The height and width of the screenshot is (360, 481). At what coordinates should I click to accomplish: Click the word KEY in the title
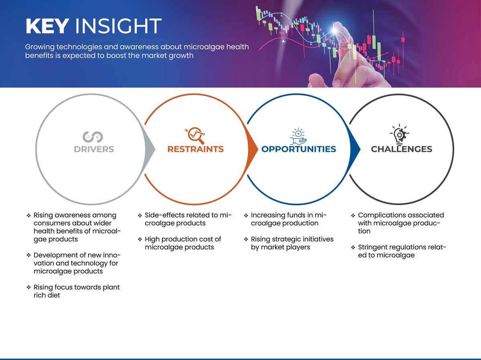47,26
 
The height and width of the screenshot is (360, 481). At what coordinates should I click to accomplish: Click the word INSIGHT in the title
118,26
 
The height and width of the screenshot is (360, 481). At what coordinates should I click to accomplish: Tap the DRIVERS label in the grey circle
94,149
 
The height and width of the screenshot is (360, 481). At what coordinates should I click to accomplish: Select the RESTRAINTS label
196,149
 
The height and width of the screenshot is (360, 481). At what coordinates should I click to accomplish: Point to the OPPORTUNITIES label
299,149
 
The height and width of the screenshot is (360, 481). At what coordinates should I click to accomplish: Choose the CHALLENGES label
402,149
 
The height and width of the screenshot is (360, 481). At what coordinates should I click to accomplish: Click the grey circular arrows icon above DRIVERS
93,137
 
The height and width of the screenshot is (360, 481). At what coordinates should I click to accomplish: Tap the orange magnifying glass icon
195,136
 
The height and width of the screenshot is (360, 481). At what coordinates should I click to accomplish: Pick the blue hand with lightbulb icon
298,136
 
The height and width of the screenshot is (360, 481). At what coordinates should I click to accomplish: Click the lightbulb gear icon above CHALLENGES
400,134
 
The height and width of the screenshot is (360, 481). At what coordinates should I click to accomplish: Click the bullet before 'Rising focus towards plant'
29,287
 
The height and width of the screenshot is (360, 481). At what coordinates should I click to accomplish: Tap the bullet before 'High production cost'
140,239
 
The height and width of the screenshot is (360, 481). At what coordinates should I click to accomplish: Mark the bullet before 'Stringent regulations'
353,247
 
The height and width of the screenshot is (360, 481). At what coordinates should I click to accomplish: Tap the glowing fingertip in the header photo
335,29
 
